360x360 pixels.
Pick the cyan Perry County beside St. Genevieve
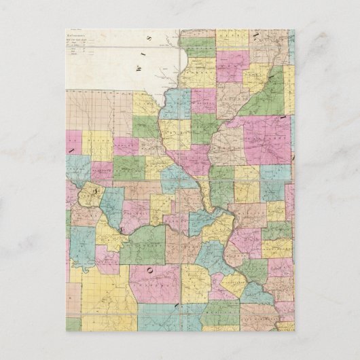[x=258, y=292]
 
